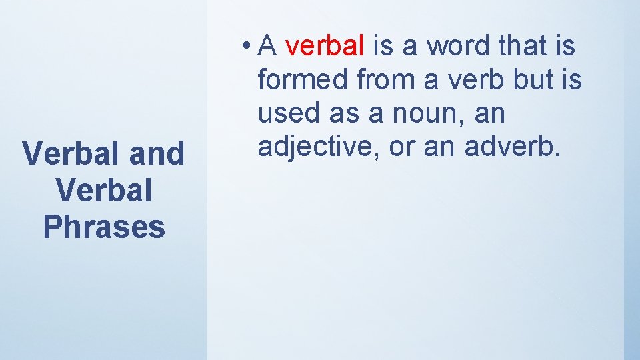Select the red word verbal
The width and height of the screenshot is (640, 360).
pyautogui.click(x=325, y=46)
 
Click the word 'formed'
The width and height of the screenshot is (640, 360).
pyautogui.click(x=303, y=80)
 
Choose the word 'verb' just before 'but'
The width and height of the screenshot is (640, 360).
pyautogui.click(x=477, y=80)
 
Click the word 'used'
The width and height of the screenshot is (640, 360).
pyautogui.click(x=287, y=114)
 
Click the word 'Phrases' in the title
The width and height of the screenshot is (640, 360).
pyautogui.click(x=103, y=227)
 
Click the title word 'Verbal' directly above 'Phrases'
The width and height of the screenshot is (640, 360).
pyautogui.click(x=103, y=190)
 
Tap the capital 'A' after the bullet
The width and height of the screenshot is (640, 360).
pyautogui.click(x=267, y=46)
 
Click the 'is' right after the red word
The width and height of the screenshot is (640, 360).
pyautogui.click(x=383, y=46)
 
